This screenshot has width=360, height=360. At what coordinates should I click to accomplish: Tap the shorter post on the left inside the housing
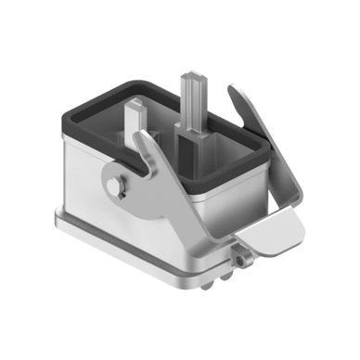[135, 112]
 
